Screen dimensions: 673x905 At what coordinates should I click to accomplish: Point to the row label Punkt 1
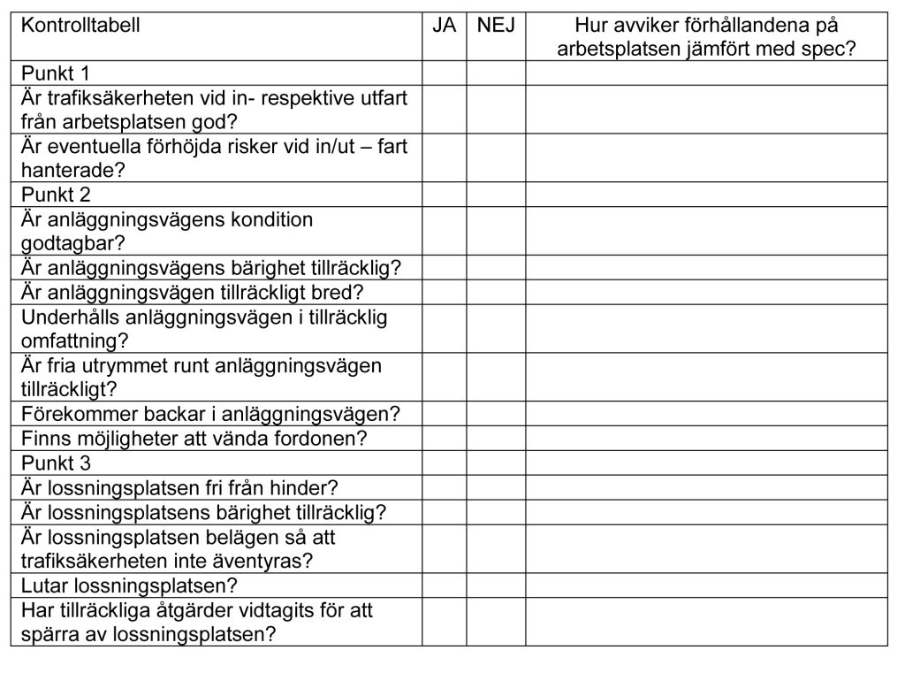56,73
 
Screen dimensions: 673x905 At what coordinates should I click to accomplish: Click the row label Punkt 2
56,195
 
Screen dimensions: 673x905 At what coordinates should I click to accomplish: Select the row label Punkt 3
56,463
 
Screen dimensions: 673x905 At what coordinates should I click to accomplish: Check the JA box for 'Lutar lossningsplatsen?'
445,585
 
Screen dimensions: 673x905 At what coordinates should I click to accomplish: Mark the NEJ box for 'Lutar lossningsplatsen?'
496,585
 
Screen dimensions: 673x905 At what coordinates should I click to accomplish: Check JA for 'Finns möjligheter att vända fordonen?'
445,438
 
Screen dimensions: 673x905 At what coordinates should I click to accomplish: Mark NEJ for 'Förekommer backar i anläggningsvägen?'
496,413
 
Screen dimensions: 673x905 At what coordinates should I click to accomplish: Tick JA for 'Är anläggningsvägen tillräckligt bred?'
445,292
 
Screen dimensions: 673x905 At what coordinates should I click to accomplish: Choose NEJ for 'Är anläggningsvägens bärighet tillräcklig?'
496,267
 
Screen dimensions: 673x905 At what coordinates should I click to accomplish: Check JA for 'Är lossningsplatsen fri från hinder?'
445,487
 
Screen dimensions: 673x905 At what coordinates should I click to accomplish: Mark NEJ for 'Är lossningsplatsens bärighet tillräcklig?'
496,512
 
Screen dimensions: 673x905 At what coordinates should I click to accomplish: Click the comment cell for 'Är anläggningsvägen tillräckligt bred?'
707,292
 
